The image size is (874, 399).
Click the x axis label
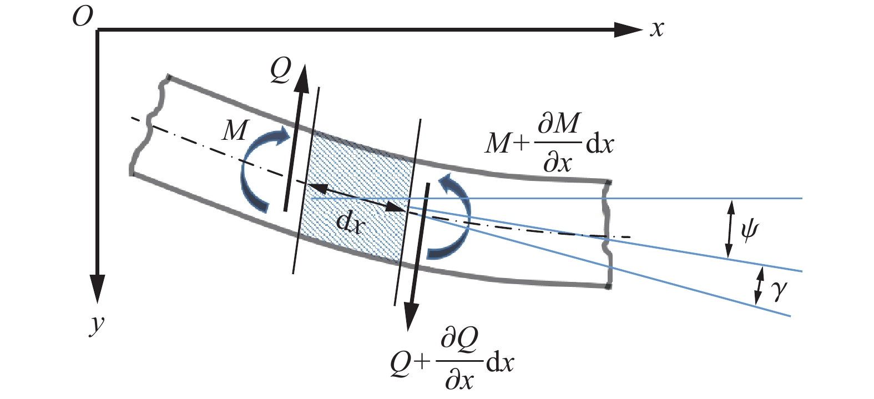(x=657, y=28)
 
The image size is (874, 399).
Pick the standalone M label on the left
(x=234, y=131)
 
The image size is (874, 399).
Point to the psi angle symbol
(x=749, y=229)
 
